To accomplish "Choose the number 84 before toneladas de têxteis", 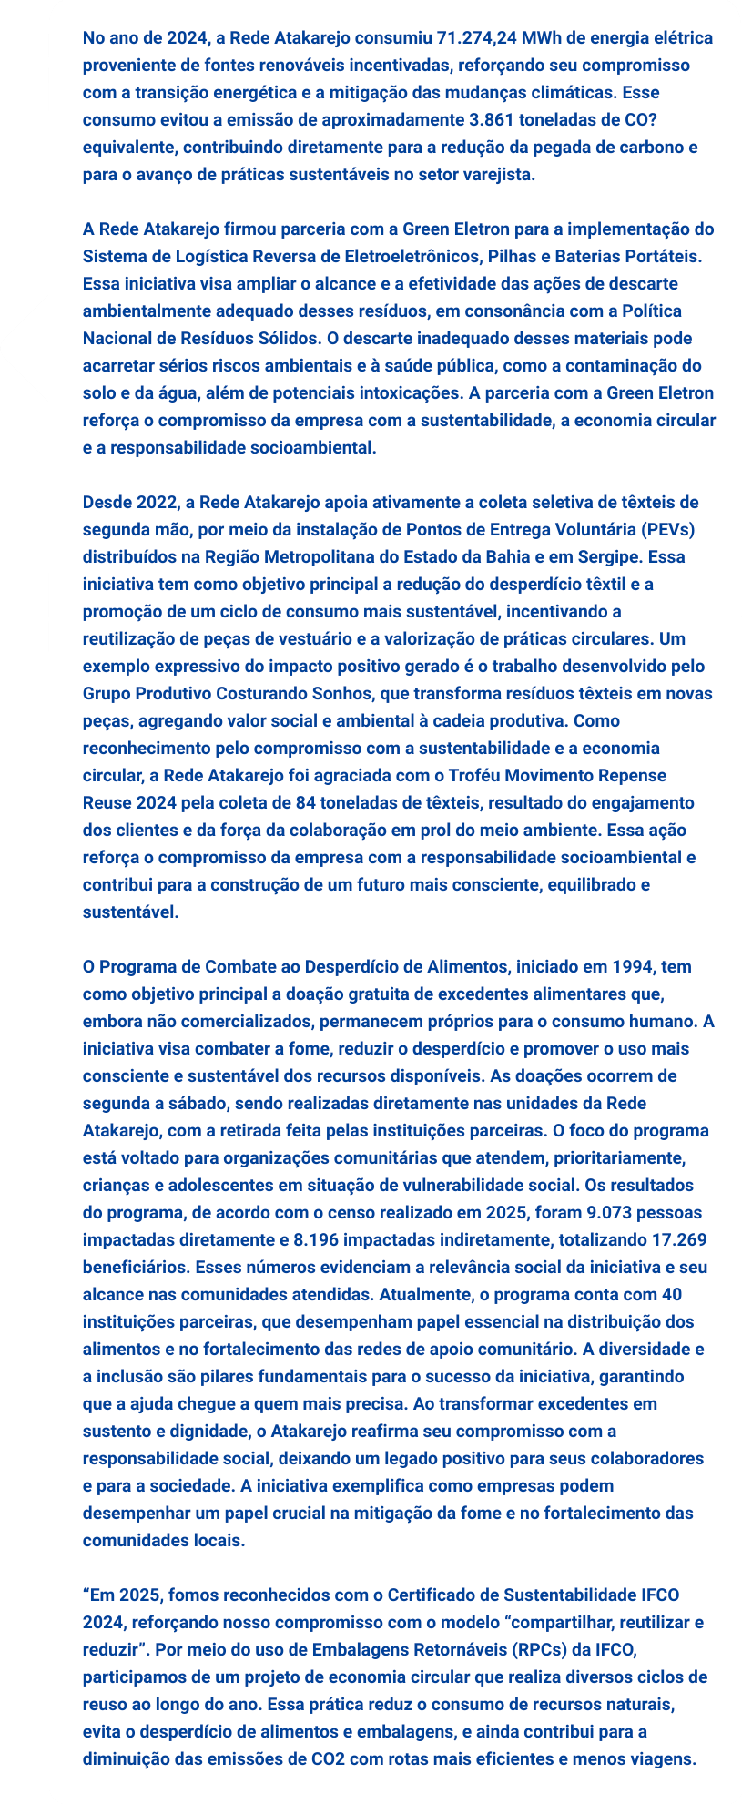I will click(x=306, y=803).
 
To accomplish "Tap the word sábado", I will click(x=186, y=1104).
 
